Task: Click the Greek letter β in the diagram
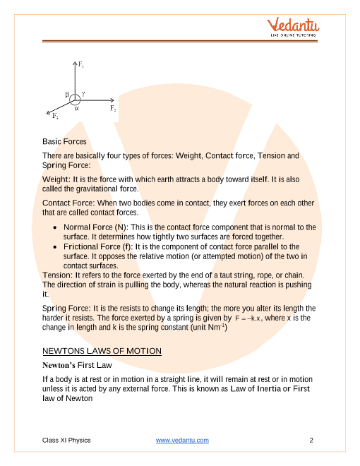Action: (66, 93)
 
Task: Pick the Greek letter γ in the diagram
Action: (83, 92)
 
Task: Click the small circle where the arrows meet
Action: (74, 99)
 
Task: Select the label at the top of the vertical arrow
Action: (81, 65)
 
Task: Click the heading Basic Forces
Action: (64, 141)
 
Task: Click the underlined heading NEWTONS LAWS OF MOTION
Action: (102, 351)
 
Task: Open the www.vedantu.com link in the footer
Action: (182, 441)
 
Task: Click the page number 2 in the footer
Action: (311, 441)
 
